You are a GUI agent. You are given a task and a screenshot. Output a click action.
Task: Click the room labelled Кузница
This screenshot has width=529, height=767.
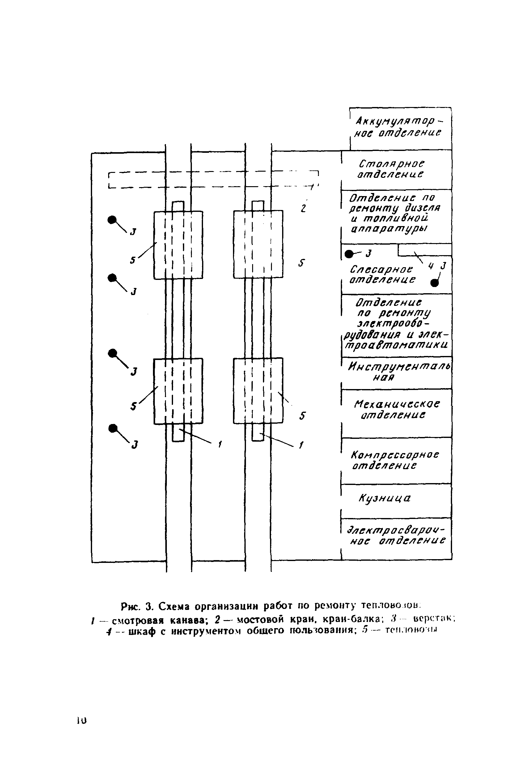click(x=384, y=499)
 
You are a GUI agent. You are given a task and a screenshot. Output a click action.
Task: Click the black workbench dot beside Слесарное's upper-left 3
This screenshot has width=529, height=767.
click(x=349, y=254)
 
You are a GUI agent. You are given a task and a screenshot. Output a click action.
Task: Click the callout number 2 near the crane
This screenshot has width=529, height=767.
click(x=303, y=209)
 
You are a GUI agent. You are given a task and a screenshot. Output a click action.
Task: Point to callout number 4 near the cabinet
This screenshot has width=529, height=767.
click(x=430, y=265)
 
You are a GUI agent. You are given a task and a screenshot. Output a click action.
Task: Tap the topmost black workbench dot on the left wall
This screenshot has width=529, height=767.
click(x=112, y=220)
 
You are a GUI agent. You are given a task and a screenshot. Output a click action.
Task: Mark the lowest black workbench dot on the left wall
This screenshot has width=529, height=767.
click(x=113, y=428)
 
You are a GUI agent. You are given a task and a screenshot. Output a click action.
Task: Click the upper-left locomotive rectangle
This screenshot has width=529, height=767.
click(x=178, y=245)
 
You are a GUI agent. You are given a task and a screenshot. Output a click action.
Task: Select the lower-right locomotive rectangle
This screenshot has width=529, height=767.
click(x=258, y=391)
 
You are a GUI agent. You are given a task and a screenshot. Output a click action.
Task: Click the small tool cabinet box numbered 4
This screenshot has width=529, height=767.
click(x=424, y=250)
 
